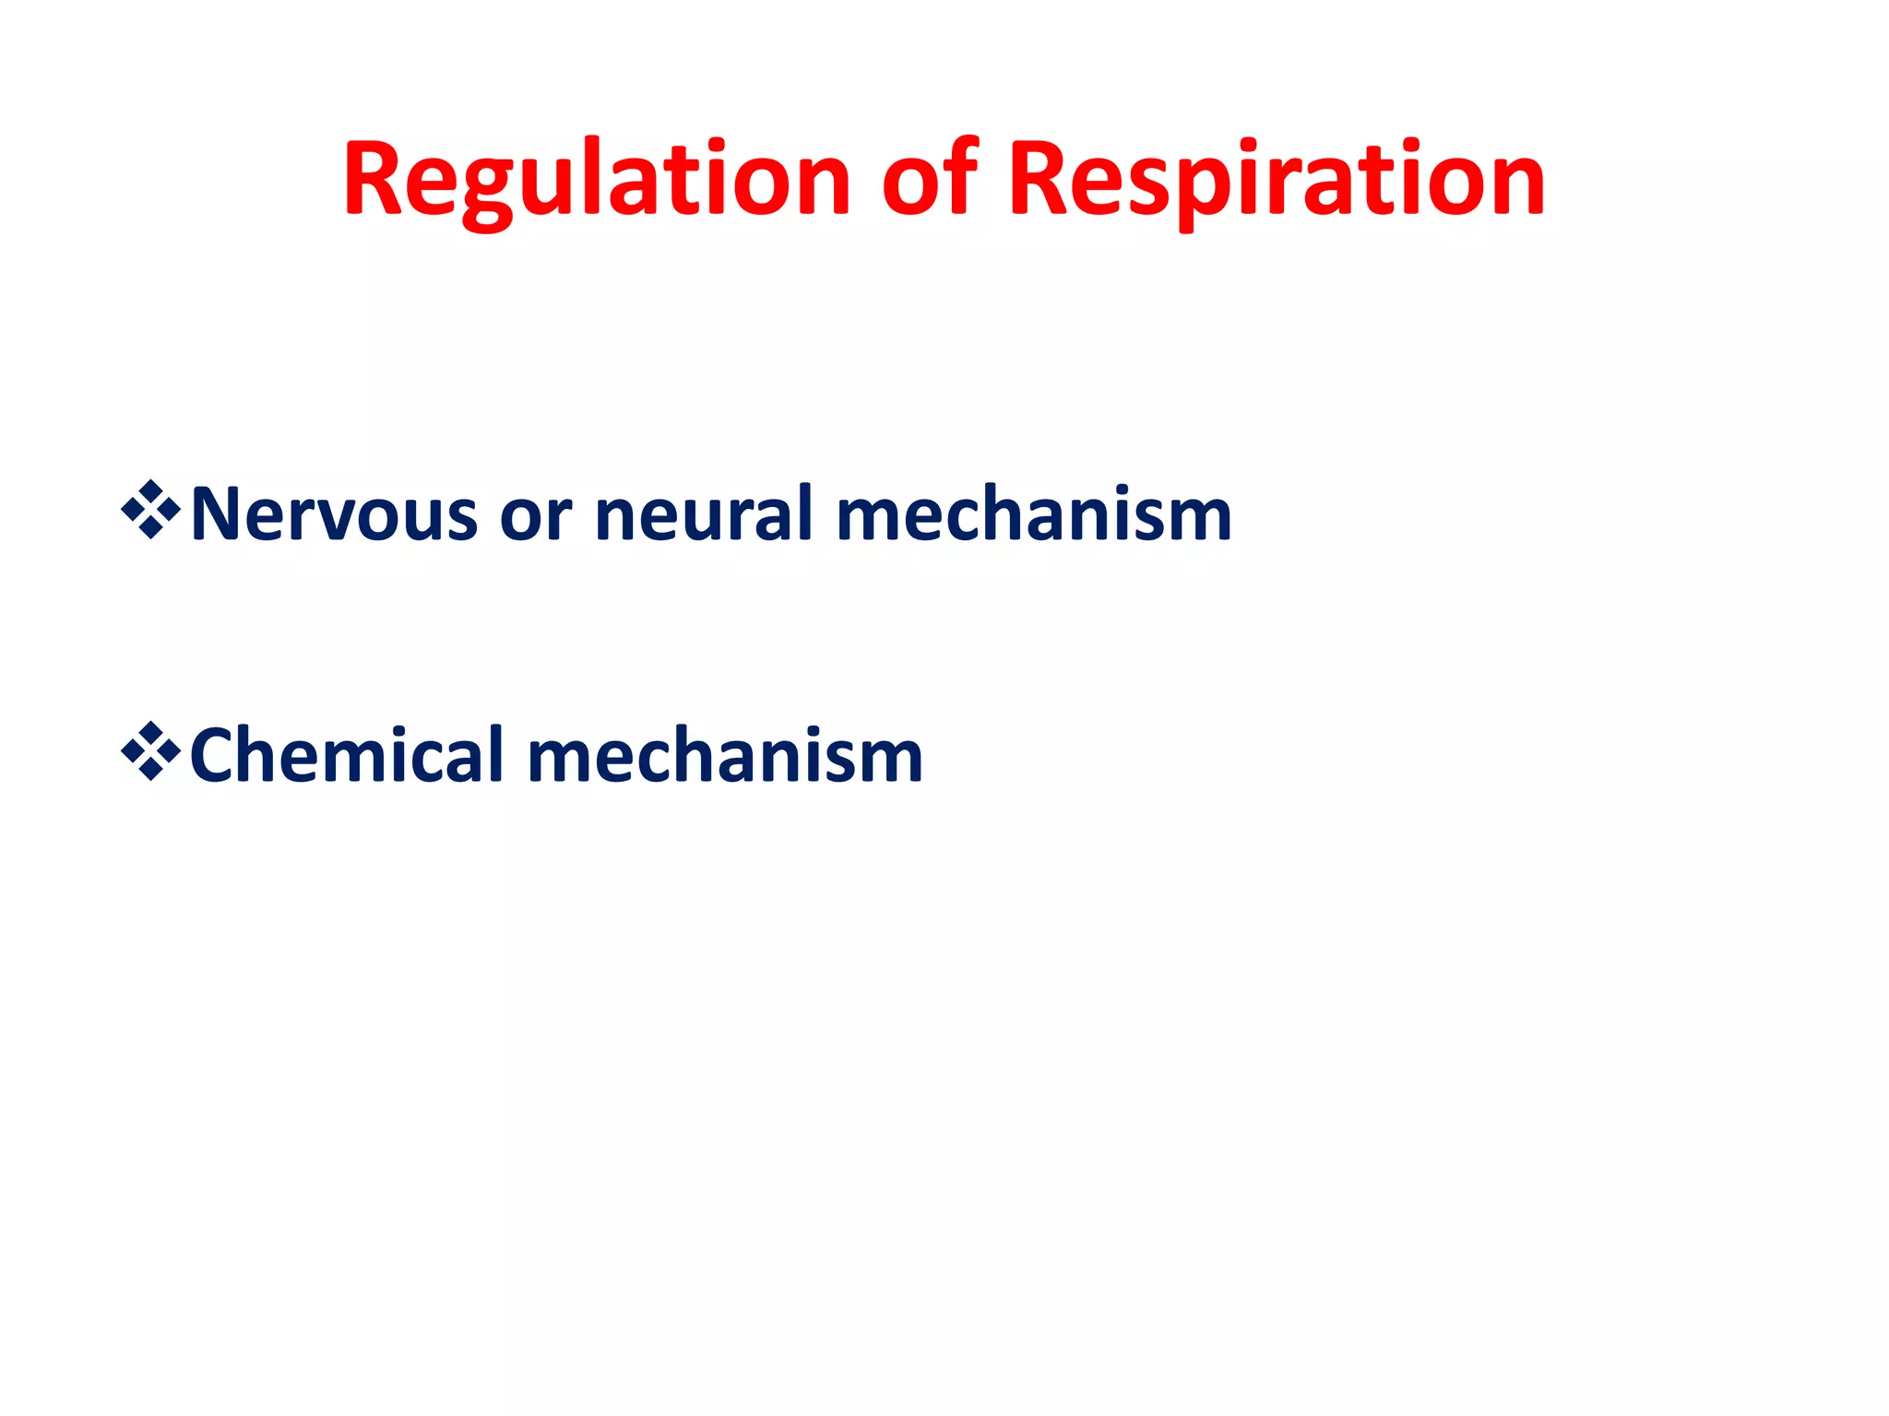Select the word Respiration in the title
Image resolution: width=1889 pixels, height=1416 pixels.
pyautogui.click(x=1277, y=179)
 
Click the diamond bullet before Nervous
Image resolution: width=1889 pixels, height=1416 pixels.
pyautogui.click(x=150, y=510)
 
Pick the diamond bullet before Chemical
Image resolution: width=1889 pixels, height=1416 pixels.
pyautogui.click(x=150, y=752)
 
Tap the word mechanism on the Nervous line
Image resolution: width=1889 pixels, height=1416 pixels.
pyautogui.click(x=1034, y=514)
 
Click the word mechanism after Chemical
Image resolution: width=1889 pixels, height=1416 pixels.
pyautogui.click(x=725, y=756)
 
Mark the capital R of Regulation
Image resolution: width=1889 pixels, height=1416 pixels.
pyautogui.click(x=374, y=179)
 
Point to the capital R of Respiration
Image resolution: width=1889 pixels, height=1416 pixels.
pyautogui.click(x=1039, y=179)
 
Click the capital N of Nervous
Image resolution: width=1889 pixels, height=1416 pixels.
pyautogui.click(x=218, y=514)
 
